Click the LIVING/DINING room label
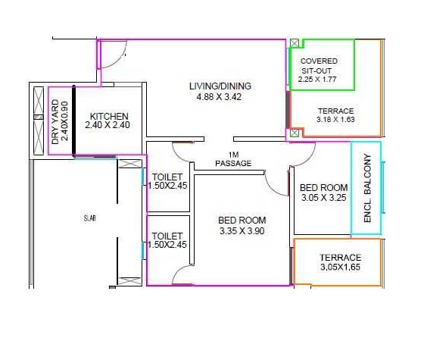[x=220, y=86]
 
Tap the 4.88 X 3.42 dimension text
[x=219, y=97]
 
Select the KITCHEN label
[x=109, y=117]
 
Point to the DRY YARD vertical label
[x=55, y=122]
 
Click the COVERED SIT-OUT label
[x=319, y=66]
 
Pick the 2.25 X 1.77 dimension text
[x=317, y=80]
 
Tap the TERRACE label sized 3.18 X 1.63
[x=336, y=111]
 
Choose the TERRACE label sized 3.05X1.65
[x=341, y=258]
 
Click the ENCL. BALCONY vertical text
[x=367, y=189]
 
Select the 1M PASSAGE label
[x=233, y=159]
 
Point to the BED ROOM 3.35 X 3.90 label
[x=242, y=226]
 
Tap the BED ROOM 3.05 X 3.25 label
[x=324, y=193]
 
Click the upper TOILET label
[x=167, y=177]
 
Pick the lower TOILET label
[x=167, y=236]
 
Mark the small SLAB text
[x=90, y=218]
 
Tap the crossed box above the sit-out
[x=295, y=43]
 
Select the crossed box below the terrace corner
[x=295, y=133]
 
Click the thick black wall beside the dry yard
[x=73, y=121]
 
